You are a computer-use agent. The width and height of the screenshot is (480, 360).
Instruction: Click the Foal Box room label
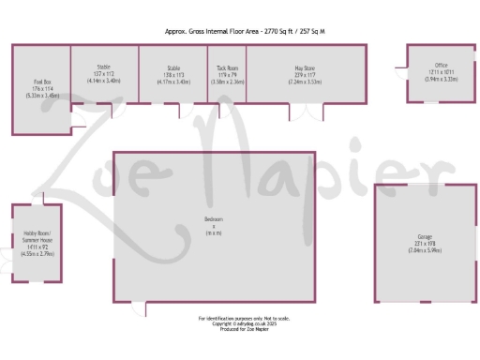(x=40, y=83)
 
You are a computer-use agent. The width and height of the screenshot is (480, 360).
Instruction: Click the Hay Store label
(x=303, y=68)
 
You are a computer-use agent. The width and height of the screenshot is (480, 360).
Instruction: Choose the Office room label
(x=427, y=66)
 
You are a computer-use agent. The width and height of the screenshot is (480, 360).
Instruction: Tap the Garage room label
(x=426, y=235)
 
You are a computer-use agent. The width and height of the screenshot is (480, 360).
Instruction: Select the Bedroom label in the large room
(x=214, y=219)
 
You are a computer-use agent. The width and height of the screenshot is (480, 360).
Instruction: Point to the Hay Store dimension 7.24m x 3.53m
(x=303, y=82)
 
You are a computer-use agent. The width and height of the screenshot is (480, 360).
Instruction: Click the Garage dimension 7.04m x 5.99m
(x=426, y=251)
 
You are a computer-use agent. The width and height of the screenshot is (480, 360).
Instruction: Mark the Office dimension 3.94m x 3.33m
(x=427, y=79)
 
